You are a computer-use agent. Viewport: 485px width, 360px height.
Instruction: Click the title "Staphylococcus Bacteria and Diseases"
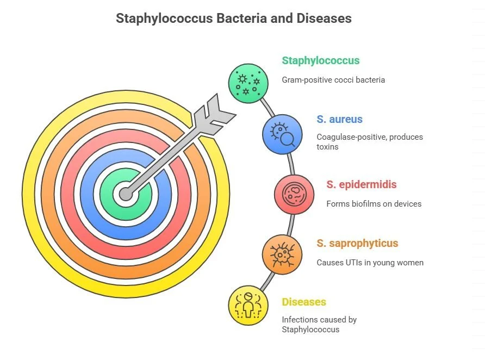click(234, 18)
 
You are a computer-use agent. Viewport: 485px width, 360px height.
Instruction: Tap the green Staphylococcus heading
click(320, 60)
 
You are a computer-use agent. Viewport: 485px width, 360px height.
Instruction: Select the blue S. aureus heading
click(339, 119)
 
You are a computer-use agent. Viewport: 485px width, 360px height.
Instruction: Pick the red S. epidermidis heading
click(362, 184)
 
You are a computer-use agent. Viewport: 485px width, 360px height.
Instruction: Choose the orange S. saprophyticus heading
click(357, 243)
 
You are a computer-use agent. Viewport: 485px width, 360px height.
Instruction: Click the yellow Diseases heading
click(303, 302)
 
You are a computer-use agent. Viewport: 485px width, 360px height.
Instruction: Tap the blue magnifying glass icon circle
click(283, 134)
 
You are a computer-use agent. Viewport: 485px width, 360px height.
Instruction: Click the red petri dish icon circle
click(294, 194)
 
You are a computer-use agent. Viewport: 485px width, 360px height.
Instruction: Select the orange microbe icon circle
click(282, 253)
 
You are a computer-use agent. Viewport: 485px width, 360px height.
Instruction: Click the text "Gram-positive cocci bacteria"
click(333, 80)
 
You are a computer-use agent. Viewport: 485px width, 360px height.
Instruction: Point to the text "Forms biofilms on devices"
click(374, 204)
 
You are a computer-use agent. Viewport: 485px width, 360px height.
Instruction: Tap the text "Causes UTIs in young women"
click(370, 263)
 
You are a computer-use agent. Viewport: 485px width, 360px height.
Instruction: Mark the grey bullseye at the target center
click(126, 194)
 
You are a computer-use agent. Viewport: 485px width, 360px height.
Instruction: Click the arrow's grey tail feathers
click(213, 112)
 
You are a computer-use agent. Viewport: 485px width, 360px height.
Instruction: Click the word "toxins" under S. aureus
click(327, 147)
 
